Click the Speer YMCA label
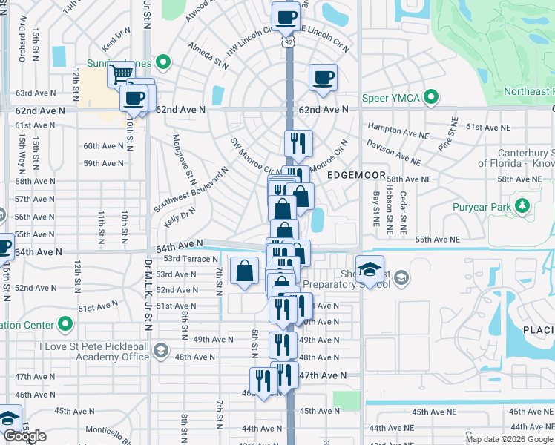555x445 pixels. [x=391, y=98]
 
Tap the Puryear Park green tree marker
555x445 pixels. [x=523, y=205]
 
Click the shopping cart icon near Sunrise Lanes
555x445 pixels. [x=119, y=73]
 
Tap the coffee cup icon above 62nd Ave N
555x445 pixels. [x=323, y=77]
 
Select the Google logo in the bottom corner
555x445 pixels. [x=24, y=436]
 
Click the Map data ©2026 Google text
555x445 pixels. [x=509, y=439]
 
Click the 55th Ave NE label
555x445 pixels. [x=437, y=240]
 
